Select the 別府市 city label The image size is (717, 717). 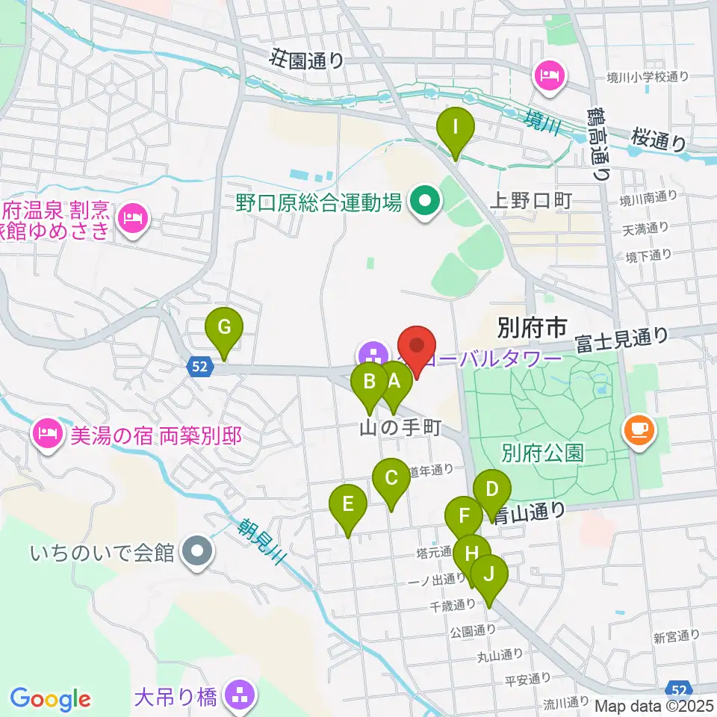[x=532, y=326]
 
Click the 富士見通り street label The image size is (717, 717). [x=621, y=340]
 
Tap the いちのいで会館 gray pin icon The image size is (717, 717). [x=198, y=553]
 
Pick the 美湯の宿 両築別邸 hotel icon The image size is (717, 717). [x=47, y=432]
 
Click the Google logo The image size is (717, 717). [x=50, y=699]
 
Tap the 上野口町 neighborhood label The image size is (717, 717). [x=530, y=199]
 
